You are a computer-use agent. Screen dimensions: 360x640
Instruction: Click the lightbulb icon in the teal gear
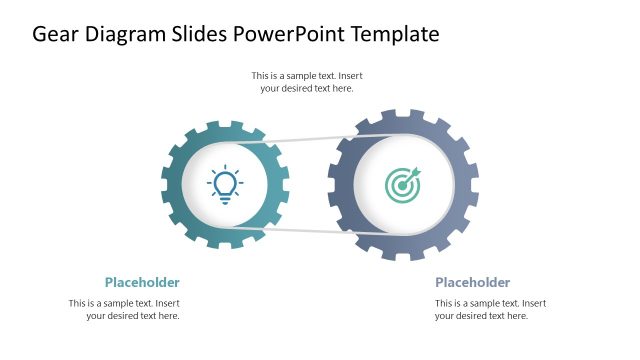225,185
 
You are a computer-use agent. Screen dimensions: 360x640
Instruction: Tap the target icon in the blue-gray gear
404,185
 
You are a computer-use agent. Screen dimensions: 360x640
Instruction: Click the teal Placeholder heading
142,282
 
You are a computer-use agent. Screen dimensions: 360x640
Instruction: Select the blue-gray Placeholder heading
472,282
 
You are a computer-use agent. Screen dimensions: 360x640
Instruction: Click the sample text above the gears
307,82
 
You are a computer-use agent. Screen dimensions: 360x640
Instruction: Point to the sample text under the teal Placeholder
124,309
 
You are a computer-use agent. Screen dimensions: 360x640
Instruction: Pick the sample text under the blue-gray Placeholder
490,309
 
